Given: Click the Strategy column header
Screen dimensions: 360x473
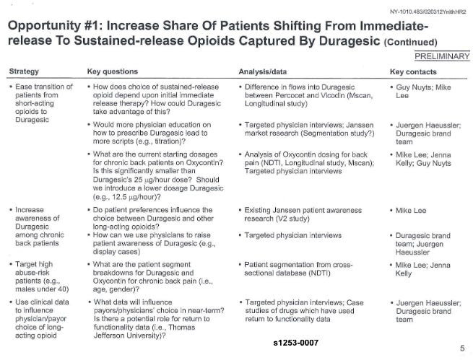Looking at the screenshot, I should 24,71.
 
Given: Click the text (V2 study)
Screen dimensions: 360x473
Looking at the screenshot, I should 287,217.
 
